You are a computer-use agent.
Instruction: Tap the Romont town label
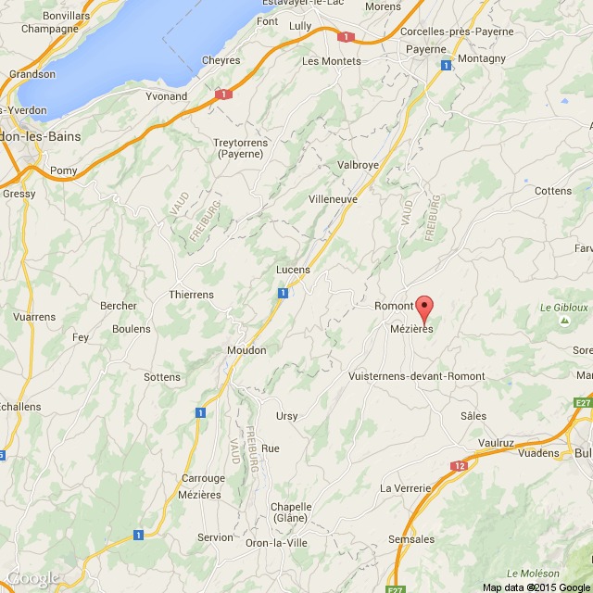[x=392, y=306]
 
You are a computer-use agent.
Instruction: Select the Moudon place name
[x=246, y=350]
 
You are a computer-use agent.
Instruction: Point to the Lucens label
[x=293, y=270]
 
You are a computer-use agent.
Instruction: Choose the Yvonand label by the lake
[x=167, y=95]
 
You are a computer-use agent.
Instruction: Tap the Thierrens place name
[x=191, y=295]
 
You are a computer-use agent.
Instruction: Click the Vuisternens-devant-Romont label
[x=416, y=376]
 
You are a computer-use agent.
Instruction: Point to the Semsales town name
[x=411, y=538]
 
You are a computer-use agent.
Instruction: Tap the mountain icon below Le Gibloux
[x=564, y=322]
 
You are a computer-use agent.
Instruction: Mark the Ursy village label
[x=287, y=416]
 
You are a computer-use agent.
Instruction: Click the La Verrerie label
[x=406, y=488]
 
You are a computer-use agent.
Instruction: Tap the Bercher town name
[x=118, y=306]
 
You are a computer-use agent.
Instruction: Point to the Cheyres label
[x=221, y=61]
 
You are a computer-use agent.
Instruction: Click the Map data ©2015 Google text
[x=536, y=587]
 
